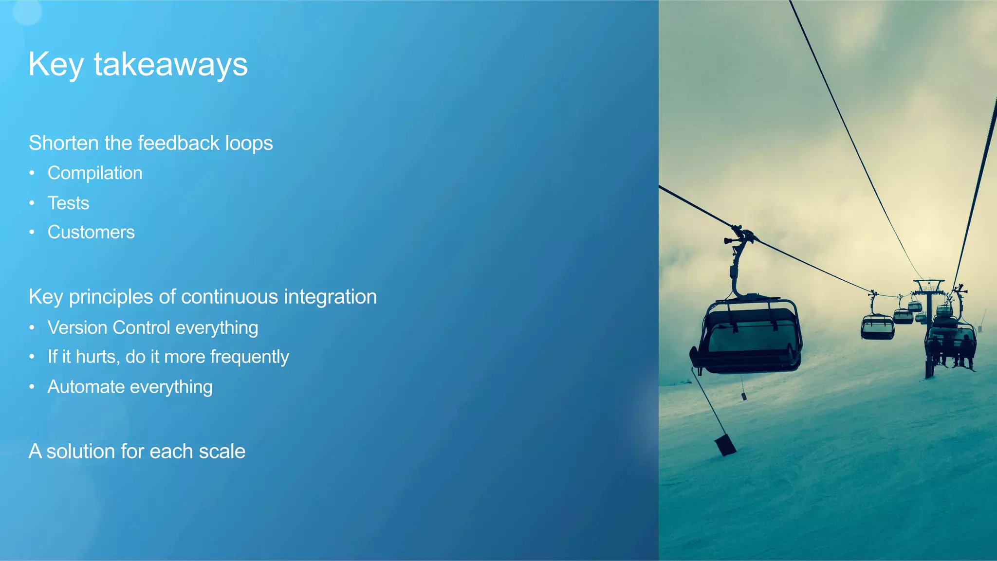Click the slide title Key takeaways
(x=138, y=64)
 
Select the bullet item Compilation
(x=95, y=173)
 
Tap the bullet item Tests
(x=68, y=203)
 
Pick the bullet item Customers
(x=91, y=232)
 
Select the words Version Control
(x=109, y=327)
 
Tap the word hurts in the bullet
(x=96, y=357)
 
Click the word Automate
(x=86, y=387)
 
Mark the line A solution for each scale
(x=137, y=451)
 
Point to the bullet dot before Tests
(x=32, y=203)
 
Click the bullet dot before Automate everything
(x=32, y=387)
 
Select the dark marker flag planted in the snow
(x=725, y=445)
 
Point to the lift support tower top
(x=929, y=284)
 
